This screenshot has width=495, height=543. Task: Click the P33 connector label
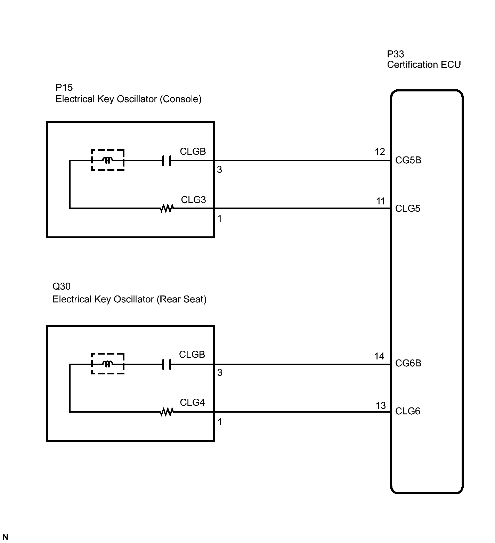point(396,54)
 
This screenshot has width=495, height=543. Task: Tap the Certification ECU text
point(424,65)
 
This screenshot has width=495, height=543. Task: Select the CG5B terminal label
point(408,160)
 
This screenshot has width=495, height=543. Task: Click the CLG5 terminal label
point(408,209)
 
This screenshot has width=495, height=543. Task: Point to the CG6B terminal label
point(408,363)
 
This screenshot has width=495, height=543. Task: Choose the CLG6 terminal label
point(408,411)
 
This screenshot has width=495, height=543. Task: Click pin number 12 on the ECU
point(380,152)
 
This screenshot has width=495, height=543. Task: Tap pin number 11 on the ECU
point(381,201)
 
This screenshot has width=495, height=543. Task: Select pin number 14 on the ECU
point(379,356)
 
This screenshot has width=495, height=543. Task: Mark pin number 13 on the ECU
point(381,406)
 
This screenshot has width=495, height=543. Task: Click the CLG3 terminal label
point(193,200)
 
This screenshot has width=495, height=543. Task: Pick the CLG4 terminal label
point(192,403)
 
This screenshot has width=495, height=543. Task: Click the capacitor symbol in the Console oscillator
point(167,161)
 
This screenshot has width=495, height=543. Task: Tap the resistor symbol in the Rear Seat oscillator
point(167,412)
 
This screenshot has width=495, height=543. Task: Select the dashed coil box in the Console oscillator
point(108,160)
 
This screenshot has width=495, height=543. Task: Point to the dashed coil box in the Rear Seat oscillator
point(108,364)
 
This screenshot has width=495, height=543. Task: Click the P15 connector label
point(64,87)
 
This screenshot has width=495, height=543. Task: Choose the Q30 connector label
point(62,286)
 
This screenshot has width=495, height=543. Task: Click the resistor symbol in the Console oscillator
point(167,209)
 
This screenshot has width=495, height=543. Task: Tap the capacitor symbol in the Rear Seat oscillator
point(167,364)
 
